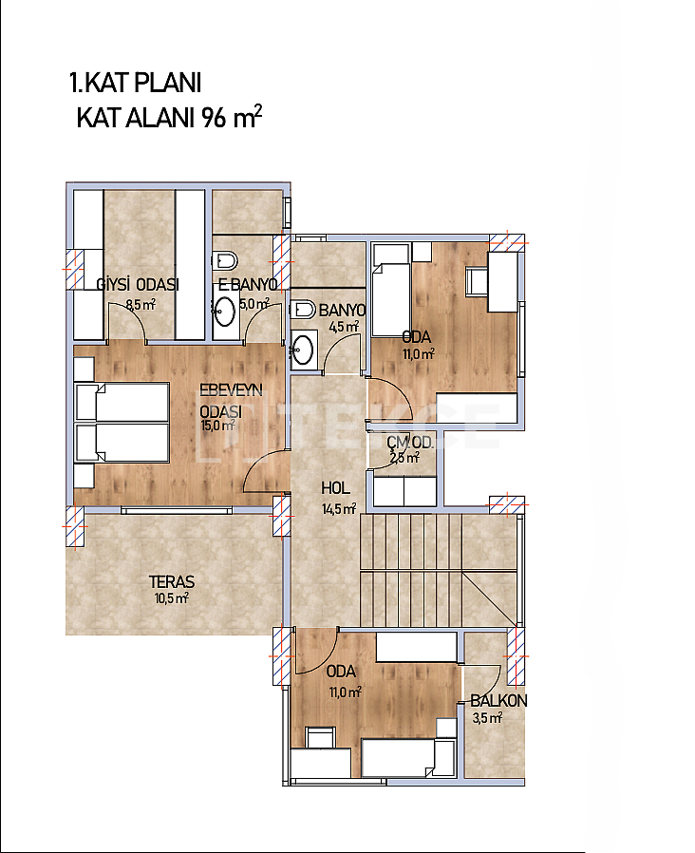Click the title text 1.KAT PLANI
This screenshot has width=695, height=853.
click(x=136, y=84)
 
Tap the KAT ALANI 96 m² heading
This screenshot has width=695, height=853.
click(x=169, y=117)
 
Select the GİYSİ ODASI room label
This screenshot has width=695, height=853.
click(x=138, y=285)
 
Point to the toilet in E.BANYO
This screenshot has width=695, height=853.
click(x=224, y=260)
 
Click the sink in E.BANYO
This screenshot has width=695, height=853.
click(x=224, y=311)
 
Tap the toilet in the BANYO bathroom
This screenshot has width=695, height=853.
click(x=303, y=310)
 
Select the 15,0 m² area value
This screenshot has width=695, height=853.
click(x=217, y=426)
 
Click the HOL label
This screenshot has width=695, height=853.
click(x=335, y=488)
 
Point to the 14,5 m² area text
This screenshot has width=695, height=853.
click(x=339, y=509)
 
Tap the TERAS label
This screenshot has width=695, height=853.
click(x=172, y=582)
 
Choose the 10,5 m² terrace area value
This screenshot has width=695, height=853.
click(x=171, y=598)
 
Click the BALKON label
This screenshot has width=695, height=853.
click(x=498, y=701)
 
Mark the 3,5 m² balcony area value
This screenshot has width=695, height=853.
click(x=487, y=718)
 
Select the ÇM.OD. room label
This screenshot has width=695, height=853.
click(x=410, y=443)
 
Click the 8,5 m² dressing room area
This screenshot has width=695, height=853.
click(x=141, y=305)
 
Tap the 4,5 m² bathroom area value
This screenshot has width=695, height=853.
click(x=344, y=327)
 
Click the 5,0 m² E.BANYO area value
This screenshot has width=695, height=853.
click(x=254, y=304)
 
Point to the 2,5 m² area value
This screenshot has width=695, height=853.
click(x=404, y=458)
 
